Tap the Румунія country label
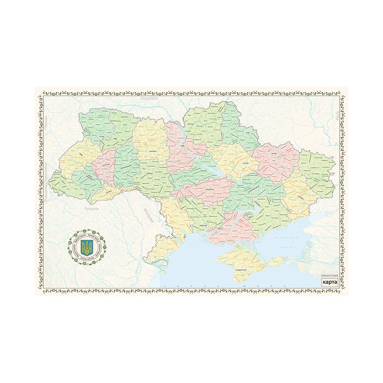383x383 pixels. (x=91, y=209)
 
